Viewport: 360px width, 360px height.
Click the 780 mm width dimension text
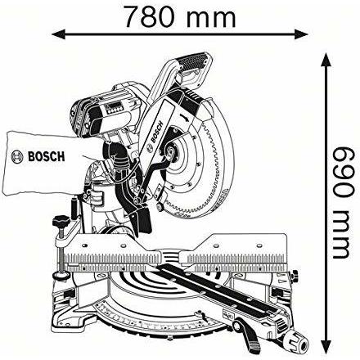180,17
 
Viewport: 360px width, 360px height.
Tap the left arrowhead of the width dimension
58,34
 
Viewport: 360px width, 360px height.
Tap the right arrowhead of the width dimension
302,34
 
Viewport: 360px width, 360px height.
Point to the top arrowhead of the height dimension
325,60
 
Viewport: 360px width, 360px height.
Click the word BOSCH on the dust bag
47,157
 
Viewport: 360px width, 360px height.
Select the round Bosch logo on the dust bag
17,157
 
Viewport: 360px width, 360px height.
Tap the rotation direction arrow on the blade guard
184,117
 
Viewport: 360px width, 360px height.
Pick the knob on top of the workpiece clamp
61,222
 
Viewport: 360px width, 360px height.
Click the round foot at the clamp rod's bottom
61,276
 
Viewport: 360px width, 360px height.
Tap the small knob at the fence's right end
294,275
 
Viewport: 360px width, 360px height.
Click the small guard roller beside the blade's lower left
160,207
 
